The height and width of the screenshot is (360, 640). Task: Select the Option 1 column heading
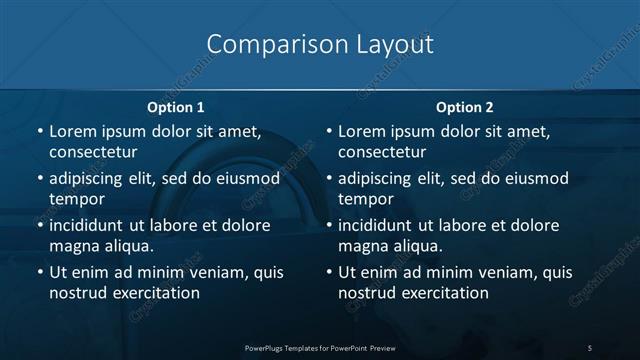click(176, 106)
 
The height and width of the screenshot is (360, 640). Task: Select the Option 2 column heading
click(465, 106)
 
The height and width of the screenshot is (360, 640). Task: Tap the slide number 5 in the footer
click(590, 347)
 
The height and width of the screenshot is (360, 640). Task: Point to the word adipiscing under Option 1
click(90, 178)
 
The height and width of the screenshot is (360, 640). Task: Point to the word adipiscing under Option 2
click(379, 178)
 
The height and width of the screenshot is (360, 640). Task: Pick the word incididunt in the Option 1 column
click(91, 225)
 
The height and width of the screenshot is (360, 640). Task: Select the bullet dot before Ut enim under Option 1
click(39, 272)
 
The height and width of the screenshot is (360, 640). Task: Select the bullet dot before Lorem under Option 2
click(328, 131)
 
